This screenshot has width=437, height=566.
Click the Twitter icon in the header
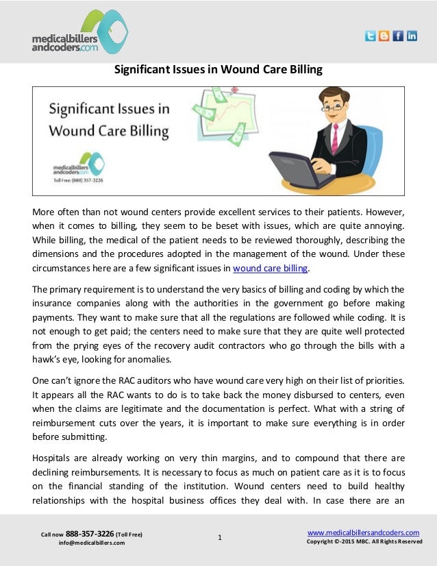371,36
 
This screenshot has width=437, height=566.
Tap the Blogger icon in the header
384,36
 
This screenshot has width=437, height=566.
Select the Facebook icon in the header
397,36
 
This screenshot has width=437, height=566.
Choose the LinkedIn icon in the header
411,36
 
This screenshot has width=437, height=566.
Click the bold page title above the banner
218,70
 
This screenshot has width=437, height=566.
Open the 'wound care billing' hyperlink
271,268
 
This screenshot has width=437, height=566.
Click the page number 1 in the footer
218,537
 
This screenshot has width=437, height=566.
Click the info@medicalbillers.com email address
92,543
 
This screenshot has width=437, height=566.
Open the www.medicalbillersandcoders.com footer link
363,532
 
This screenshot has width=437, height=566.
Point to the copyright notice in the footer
364,542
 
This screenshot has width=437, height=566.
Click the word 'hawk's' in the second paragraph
47,361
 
